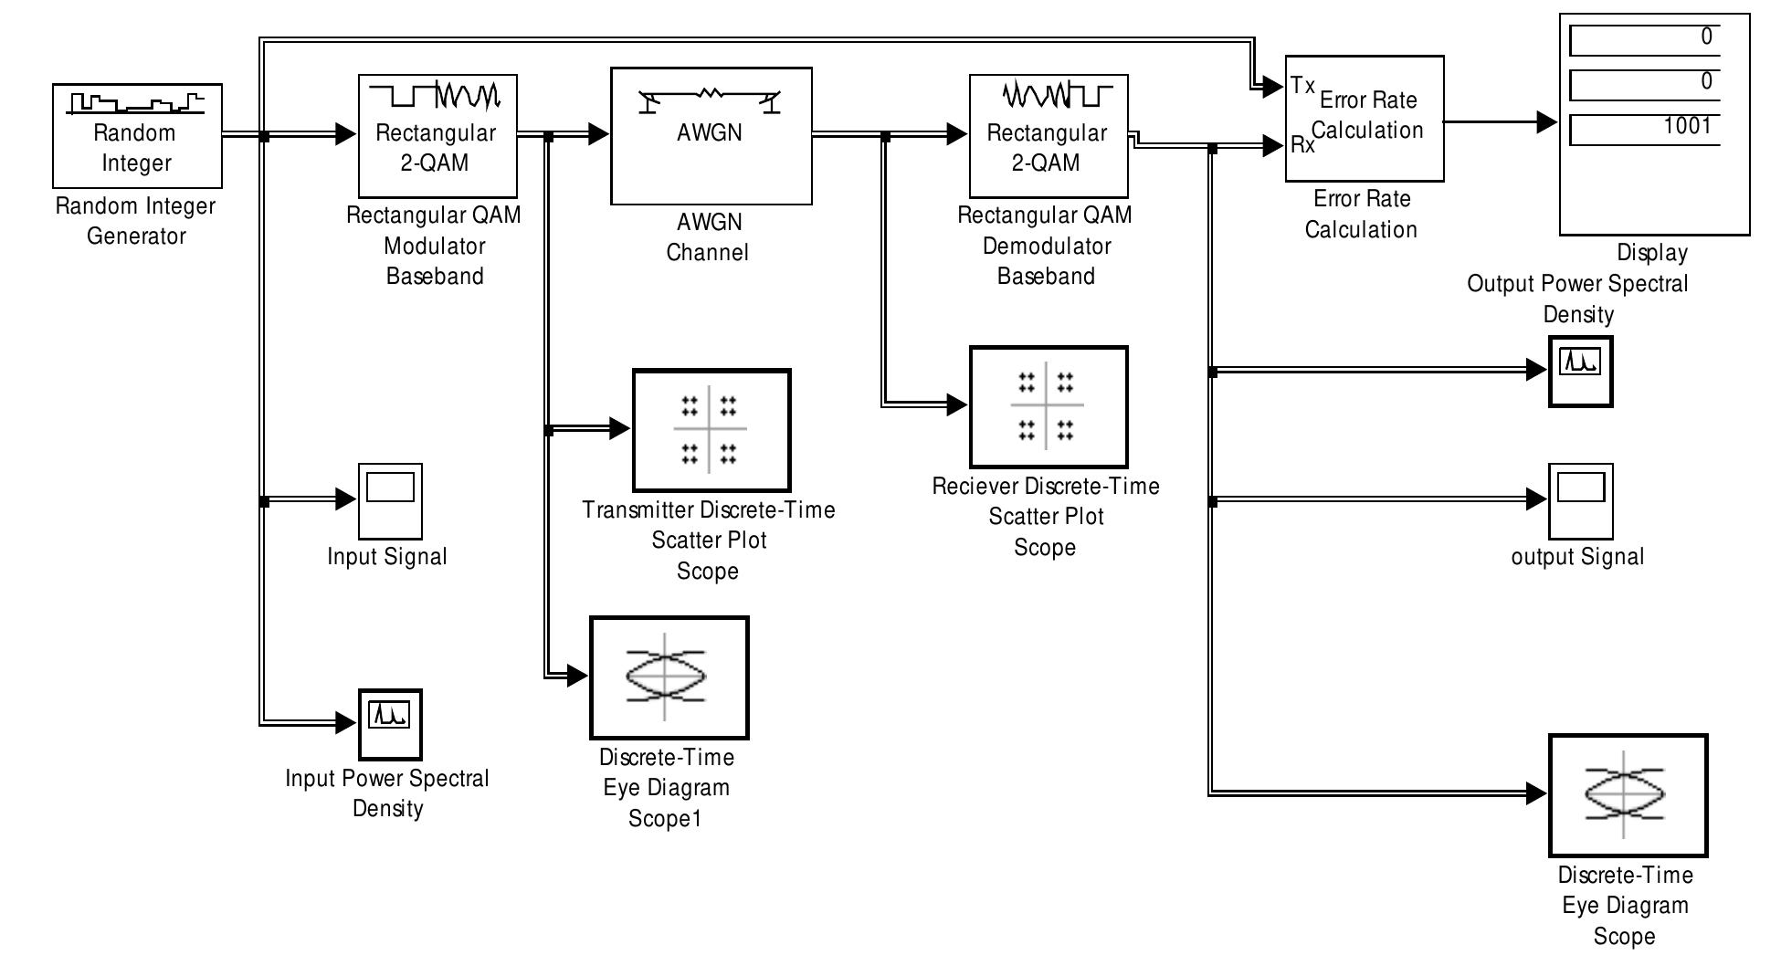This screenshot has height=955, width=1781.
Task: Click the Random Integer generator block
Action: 137,135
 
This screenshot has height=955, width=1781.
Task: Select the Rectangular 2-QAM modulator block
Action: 437,136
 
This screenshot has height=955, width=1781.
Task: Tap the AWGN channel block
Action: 711,135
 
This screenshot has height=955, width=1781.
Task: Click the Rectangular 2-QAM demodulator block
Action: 1048,136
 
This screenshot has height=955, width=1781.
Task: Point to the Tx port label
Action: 1302,86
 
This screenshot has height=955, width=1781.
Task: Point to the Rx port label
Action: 1302,145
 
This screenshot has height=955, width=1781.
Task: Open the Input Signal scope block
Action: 390,500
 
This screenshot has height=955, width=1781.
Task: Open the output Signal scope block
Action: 1580,500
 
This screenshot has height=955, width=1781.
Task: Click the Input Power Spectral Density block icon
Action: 390,724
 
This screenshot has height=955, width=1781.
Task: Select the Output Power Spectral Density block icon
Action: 1580,371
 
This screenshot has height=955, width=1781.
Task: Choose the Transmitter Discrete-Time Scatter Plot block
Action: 711,430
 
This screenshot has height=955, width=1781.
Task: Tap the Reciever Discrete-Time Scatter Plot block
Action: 1048,406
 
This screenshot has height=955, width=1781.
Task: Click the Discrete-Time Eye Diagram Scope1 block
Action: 669,677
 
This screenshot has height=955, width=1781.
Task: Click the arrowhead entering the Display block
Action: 1547,121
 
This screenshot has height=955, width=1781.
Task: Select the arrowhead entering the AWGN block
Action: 599,135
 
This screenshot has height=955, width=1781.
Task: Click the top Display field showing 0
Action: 1644,39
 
